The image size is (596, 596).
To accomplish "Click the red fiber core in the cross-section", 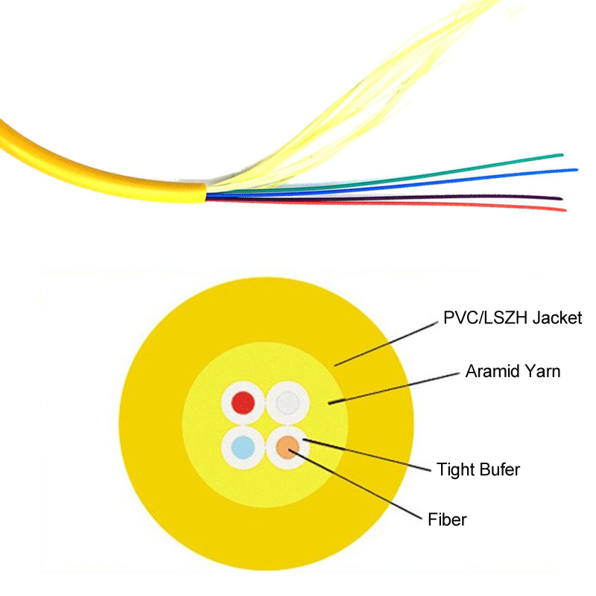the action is [244, 402].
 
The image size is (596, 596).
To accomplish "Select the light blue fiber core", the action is [244, 448].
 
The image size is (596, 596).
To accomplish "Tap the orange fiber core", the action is [288, 448].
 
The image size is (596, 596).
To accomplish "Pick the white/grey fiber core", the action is [288, 402].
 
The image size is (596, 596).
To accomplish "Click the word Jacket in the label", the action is [557, 318].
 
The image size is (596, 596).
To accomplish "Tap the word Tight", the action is [454, 470].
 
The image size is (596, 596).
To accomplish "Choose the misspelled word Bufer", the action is [499, 470].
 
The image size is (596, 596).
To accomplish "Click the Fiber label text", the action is [447, 519].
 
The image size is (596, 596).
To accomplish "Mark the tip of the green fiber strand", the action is [562, 155].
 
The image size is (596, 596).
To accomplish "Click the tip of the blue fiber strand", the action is [577, 170].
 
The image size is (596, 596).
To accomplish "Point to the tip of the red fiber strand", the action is [565, 210].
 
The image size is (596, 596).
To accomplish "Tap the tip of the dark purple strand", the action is [561, 198].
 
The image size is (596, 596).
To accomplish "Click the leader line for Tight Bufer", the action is [367, 455].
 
